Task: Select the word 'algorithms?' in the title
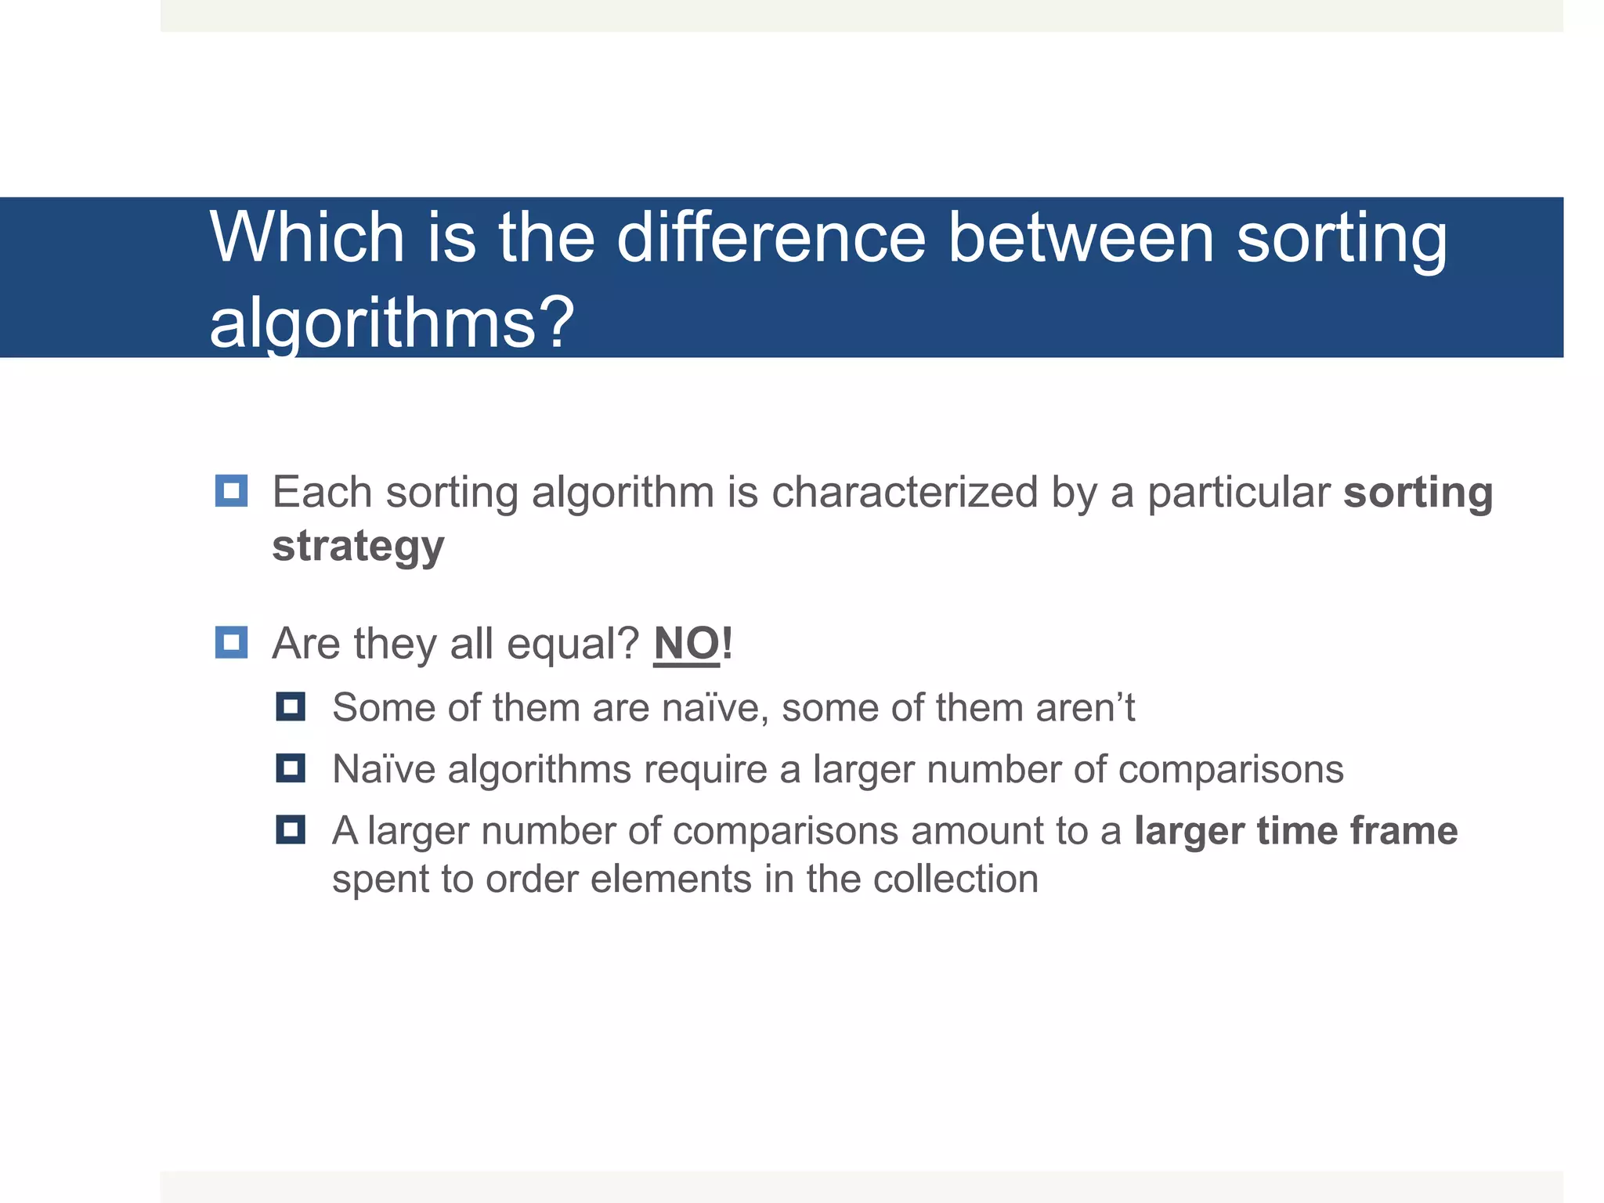click(392, 323)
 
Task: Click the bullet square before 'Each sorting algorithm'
click(231, 491)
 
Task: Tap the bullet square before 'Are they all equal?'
click(231, 642)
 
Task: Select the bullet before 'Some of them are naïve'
click(291, 706)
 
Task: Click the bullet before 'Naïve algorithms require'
click(291, 768)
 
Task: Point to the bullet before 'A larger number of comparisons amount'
click(291, 829)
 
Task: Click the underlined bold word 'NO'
click(686, 644)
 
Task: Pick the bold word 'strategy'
click(358, 546)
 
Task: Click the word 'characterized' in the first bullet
click(905, 493)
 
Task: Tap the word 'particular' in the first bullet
click(1238, 493)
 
